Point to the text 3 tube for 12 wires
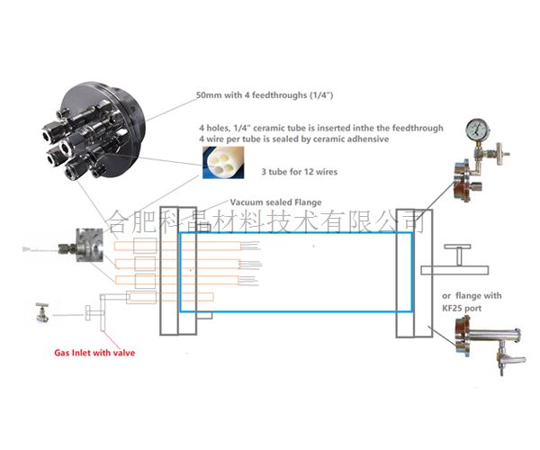(x=305, y=170)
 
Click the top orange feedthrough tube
(x=144, y=243)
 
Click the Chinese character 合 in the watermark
(x=118, y=218)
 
